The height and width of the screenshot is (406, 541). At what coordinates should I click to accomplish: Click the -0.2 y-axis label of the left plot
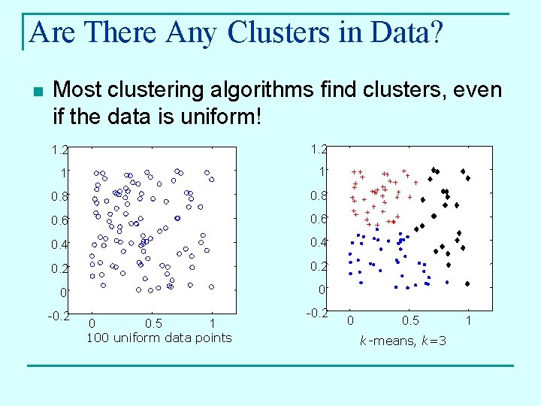(59, 315)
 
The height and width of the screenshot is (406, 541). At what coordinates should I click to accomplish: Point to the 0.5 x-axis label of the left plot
(153, 323)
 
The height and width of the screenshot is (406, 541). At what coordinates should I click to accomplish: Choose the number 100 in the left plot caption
(98, 338)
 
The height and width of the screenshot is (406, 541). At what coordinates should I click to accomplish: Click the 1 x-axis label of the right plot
(470, 321)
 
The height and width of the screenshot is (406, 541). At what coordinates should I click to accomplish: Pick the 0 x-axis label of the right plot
(350, 321)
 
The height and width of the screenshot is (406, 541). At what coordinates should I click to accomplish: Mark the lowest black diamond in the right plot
(467, 284)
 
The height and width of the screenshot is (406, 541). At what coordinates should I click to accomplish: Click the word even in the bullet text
(481, 90)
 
